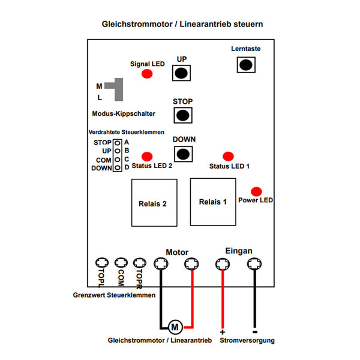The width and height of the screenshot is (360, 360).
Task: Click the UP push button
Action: pyautogui.click(x=182, y=73)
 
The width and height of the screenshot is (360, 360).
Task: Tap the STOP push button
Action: pyautogui.click(x=182, y=115)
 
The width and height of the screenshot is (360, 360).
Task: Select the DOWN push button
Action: pyautogui.click(x=184, y=153)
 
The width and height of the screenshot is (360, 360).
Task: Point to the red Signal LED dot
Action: pyautogui.click(x=146, y=74)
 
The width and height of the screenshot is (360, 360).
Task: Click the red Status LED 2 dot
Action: pyautogui.click(x=146, y=156)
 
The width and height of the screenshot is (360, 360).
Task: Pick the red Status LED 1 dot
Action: pyautogui.click(x=228, y=156)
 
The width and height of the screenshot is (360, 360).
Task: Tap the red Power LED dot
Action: pyautogui.click(x=256, y=191)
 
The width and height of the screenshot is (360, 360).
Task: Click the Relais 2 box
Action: pyautogui.click(x=152, y=203)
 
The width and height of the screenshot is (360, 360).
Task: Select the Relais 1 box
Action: pyautogui.click(x=213, y=202)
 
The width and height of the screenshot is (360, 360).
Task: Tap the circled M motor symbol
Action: pyautogui.click(x=175, y=327)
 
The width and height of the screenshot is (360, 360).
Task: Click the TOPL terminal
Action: pyautogui.click(x=101, y=263)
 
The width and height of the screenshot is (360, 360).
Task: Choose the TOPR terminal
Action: pyautogui.click(x=140, y=263)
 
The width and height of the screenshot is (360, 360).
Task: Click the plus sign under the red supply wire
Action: pyautogui.click(x=223, y=332)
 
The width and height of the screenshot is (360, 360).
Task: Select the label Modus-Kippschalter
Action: pyautogui.click(x=124, y=113)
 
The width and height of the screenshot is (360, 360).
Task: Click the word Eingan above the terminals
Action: pyautogui.click(x=238, y=251)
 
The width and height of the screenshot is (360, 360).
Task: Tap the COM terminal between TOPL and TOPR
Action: pyautogui.click(x=121, y=263)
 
